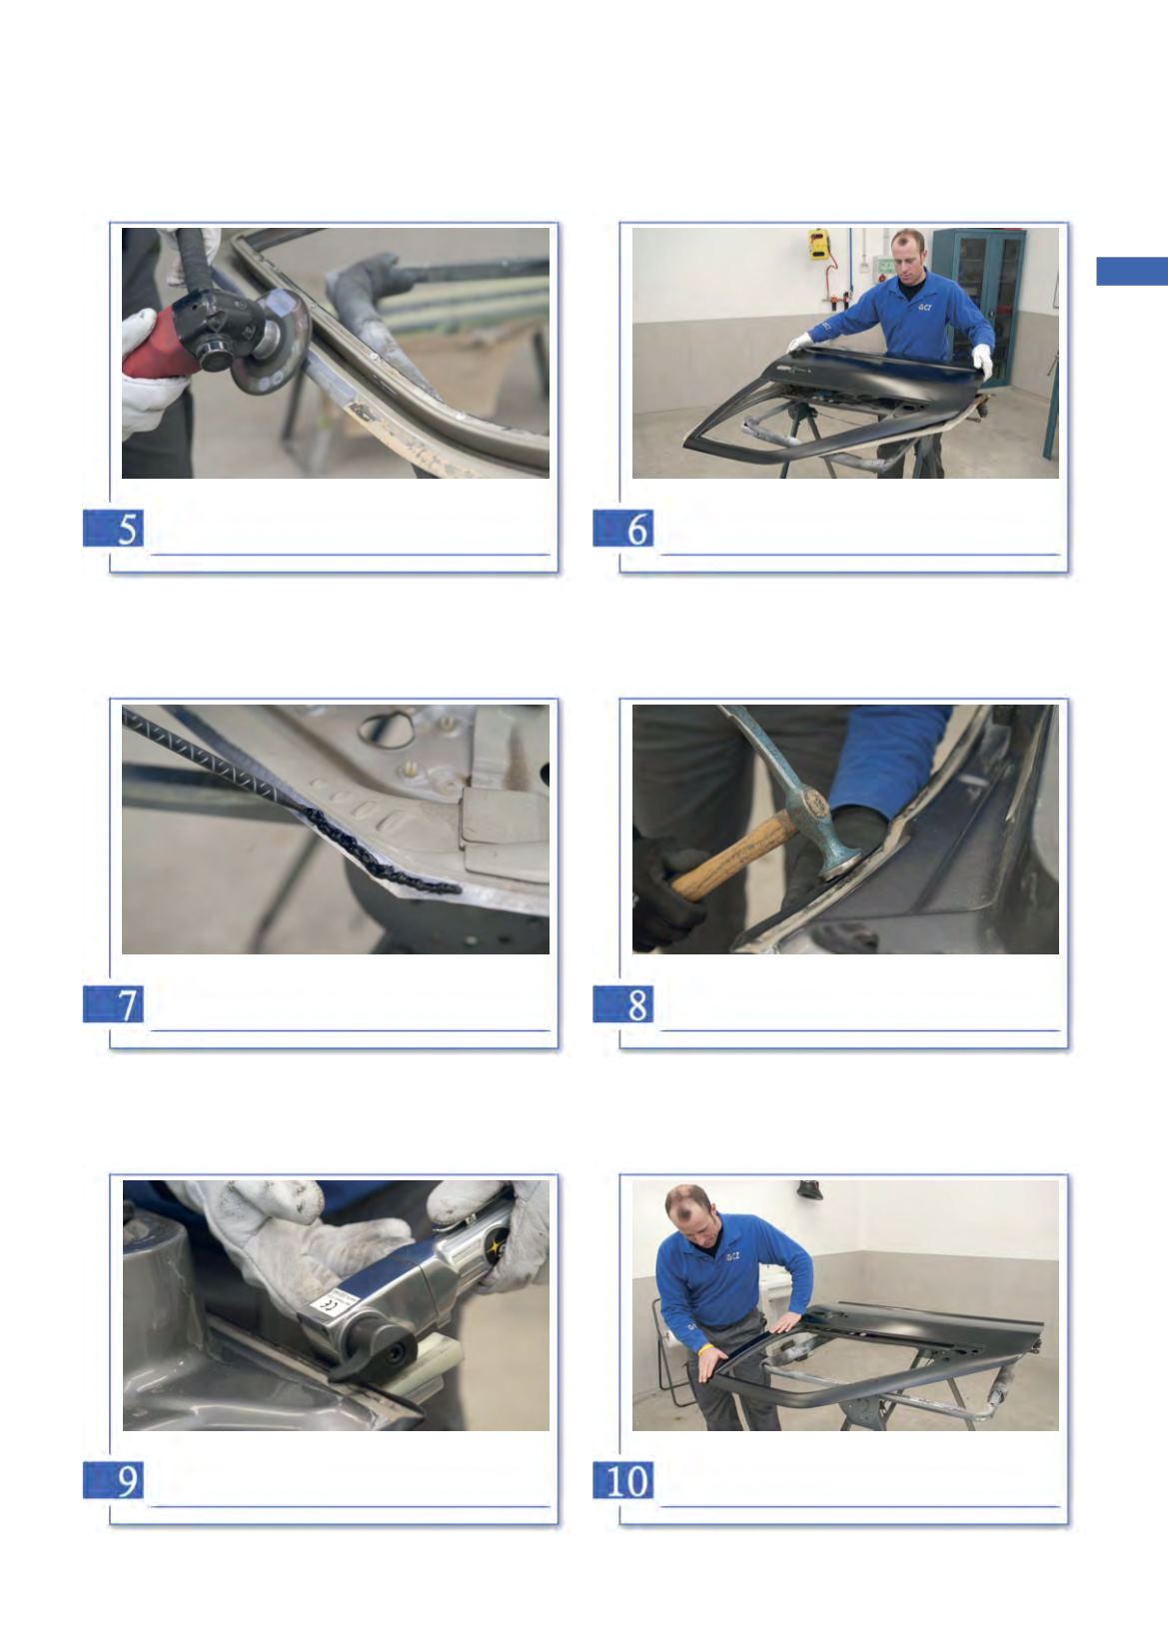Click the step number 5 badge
[x=113, y=528]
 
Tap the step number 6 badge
[x=623, y=528]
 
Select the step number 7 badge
[x=113, y=1003]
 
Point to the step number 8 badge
[x=623, y=1003]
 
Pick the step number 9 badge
[x=113, y=1479]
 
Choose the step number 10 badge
[x=623, y=1479]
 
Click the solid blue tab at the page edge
[x=1132, y=271]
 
